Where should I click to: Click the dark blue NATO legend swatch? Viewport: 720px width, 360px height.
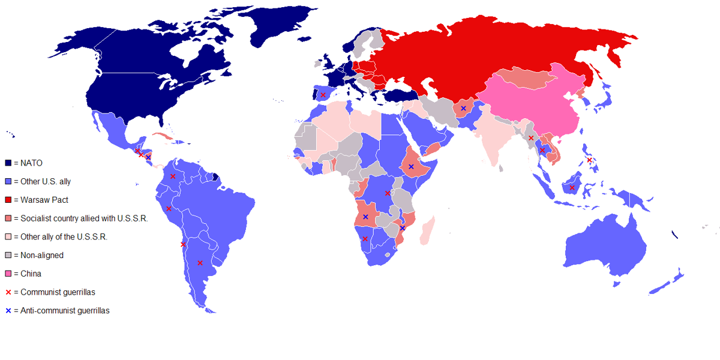click(8, 163)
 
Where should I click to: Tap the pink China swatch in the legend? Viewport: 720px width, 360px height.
click(8, 274)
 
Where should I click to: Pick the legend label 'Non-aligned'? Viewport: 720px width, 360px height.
click(41, 255)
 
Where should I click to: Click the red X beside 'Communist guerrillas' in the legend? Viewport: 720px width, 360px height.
click(8, 292)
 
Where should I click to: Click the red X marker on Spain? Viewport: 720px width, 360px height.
click(323, 95)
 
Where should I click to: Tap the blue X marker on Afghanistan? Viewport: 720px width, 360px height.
click(463, 108)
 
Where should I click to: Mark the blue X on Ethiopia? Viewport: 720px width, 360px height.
click(411, 166)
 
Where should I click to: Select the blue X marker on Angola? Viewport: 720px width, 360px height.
click(365, 217)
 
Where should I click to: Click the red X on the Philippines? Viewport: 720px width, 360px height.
click(590, 160)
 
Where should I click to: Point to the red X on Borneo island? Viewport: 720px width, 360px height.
click(572, 188)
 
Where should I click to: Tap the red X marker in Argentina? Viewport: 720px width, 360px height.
click(200, 263)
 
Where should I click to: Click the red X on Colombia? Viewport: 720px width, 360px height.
click(173, 176)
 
